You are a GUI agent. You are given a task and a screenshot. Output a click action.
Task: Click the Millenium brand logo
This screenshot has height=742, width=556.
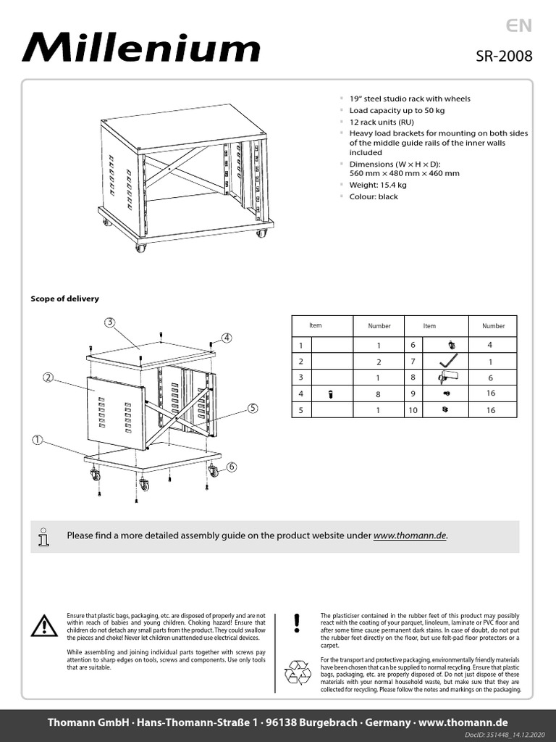click(140, 49)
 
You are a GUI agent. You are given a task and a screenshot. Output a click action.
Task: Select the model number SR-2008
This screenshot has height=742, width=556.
click(504, 57)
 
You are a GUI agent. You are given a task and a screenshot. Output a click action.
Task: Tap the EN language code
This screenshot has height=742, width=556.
click(519, 26)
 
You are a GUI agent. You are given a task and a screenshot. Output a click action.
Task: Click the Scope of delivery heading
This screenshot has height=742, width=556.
click(64, 299)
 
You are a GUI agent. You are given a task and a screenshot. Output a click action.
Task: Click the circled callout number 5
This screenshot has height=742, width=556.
click(252, 408)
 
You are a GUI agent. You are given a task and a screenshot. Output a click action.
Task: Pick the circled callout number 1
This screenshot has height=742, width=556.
click(37, 440)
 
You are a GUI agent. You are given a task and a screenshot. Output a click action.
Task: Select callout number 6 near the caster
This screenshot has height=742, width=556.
click(232, 467)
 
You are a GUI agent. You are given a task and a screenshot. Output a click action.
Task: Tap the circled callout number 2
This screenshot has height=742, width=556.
click(48, 378)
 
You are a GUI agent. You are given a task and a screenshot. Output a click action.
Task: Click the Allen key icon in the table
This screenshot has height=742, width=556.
click(449, 361)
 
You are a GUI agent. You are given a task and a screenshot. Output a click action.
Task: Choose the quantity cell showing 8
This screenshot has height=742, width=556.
click(378, 394)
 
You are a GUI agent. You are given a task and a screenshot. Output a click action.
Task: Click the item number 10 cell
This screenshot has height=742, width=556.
click(413, 411)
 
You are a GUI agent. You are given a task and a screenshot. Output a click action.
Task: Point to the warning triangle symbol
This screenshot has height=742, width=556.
click(45, 625)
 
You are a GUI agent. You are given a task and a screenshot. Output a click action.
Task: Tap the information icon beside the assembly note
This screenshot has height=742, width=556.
click(45, 536)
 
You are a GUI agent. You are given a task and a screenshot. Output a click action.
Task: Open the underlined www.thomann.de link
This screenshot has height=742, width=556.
click(410, 535)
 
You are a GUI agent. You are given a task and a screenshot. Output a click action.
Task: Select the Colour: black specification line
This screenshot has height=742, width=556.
click(374, 196)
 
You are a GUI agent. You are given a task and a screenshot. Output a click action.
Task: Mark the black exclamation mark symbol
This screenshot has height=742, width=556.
click(297, 622)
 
